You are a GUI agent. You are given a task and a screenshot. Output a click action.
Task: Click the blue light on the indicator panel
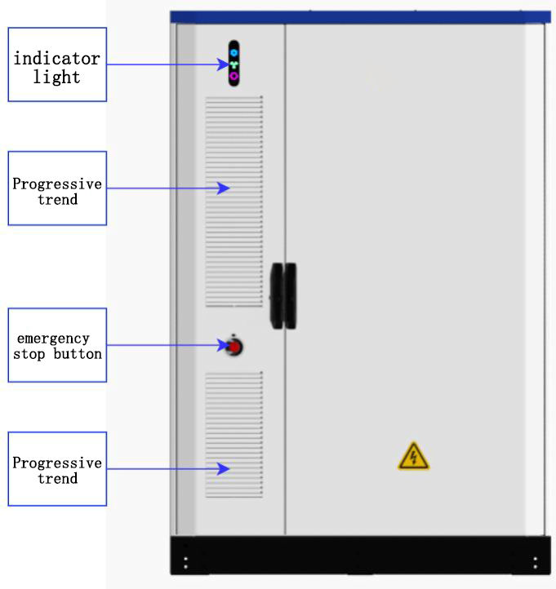point(234,52)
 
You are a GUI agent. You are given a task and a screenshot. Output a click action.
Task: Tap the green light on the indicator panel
point(234,64)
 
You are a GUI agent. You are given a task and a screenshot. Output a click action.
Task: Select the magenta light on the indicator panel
point(234,75)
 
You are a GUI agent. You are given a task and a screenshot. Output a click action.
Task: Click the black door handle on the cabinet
point(283,295)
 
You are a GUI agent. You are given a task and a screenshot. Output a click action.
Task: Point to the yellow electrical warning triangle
point(413,457)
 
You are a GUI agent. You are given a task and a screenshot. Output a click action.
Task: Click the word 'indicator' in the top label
point(56,59)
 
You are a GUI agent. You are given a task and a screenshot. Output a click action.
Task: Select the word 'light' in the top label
point(56,77)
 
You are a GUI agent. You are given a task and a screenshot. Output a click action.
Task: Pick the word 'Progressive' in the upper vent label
point(57,184)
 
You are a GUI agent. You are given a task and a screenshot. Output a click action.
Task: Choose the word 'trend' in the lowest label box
point(57,478)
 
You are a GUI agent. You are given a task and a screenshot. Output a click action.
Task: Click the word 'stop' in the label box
point(29,354)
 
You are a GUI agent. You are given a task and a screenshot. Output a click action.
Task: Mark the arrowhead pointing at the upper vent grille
point(225,188)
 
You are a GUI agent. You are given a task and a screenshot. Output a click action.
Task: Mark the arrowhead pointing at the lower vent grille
point(225,468)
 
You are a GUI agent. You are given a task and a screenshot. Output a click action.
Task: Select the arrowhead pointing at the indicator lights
point(225,64)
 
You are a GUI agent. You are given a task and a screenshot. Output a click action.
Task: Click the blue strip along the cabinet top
point(359,16)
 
